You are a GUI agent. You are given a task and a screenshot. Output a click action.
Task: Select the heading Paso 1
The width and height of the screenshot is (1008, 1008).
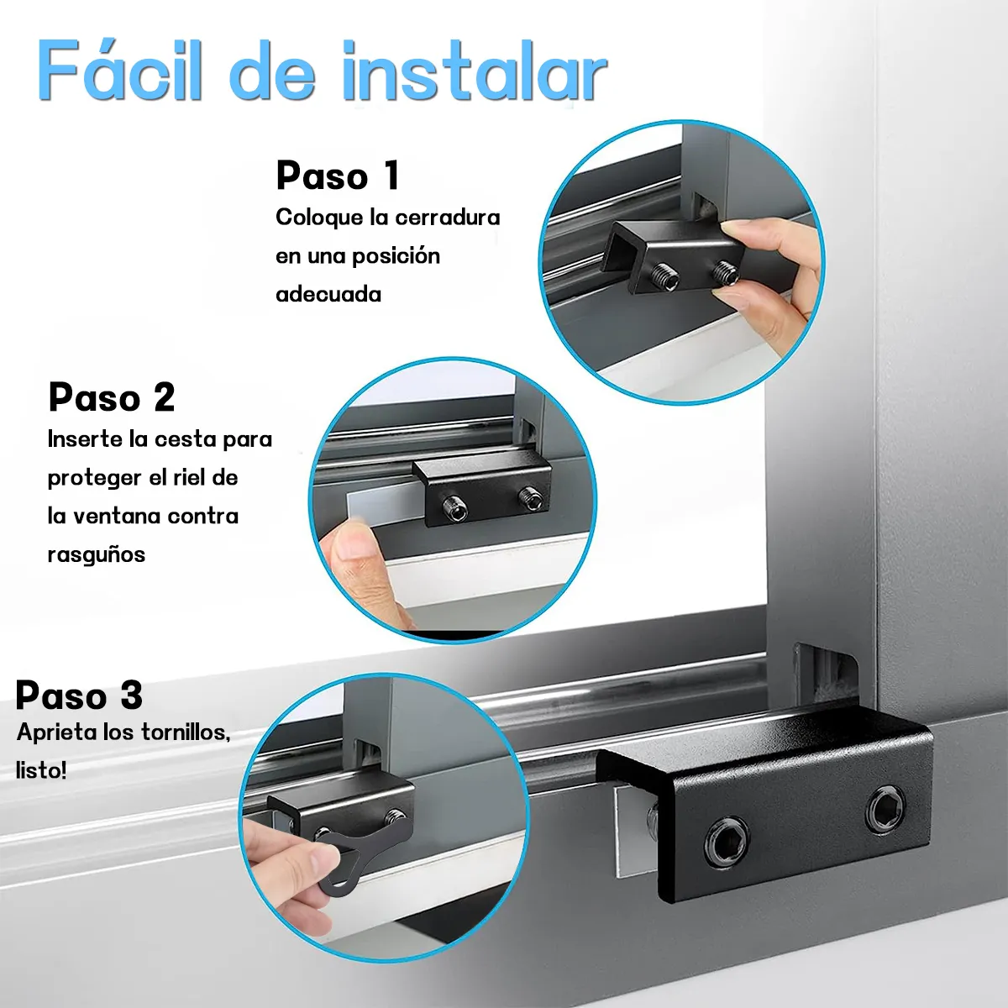[x=338, y=176]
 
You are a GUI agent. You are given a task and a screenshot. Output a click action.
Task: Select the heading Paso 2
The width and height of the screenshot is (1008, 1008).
[x=112, y=397]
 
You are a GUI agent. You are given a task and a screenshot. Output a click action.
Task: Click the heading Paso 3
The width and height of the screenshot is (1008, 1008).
[x=79, y=696]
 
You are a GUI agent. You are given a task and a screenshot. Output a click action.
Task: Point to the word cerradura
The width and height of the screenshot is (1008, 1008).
[x=447, y=218]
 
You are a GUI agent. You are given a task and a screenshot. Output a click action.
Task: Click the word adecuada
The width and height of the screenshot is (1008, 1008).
[x=328, y=294]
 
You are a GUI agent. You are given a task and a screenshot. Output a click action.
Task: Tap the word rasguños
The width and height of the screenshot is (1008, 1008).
[x=97, y=554]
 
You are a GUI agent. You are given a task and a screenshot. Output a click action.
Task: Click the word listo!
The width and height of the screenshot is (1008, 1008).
[x=41, y=770]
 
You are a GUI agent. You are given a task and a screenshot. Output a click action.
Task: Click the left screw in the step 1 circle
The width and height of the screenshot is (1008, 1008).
[x=664, y=275]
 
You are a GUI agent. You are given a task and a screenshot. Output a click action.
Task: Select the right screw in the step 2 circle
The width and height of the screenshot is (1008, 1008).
[x=529, y=498]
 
